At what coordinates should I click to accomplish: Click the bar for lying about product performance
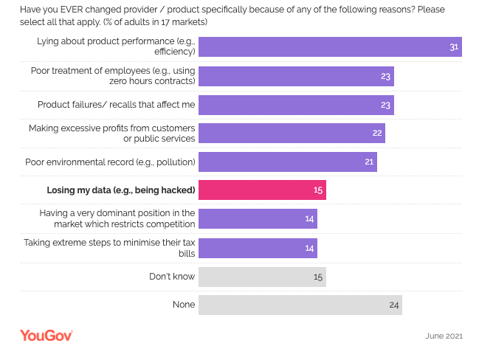click(330, 47)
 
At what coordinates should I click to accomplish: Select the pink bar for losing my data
click(262, 190)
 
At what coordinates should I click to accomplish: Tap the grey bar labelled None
click(300, 305)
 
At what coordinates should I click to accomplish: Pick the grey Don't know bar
click(262, 277)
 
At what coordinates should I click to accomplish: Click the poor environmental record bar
click(288, 162)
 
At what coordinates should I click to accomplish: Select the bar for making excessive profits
click(292, 133)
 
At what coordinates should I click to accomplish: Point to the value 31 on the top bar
click(454, 47)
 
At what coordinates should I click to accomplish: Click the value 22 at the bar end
click(377, 133)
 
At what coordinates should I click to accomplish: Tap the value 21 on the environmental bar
click(369, 162)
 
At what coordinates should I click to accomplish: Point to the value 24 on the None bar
click(394, 305)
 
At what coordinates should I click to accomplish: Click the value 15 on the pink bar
click(318, 190)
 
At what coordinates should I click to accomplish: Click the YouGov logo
click(46, 336)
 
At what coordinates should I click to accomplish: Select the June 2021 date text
click(444, 336)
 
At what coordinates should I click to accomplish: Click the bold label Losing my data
click(120, 190)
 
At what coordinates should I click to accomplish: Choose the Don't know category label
click(172, 277)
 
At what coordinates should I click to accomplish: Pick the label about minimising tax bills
click(109, 247)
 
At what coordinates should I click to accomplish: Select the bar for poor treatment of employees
click(296, 76)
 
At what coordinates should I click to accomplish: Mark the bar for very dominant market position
click(258, 219)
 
